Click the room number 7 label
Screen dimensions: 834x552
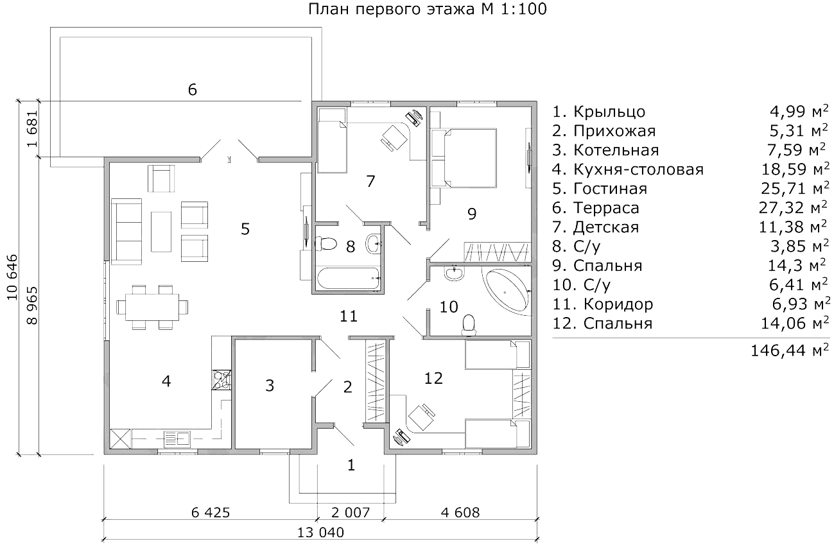click(x=370, y=182)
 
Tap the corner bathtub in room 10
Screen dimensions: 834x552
click(x=507, y=292)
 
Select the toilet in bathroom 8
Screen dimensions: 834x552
click(x=326, y=244)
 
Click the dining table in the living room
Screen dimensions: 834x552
click(x=152, y=307)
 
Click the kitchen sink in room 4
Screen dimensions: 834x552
click(x=177, y=440)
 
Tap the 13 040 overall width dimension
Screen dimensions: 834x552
click(x=321, y=532)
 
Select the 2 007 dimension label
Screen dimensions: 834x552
click(x=351, y=512)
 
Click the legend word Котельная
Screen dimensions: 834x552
click(x=616, y=150)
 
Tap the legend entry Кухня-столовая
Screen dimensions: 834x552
click(x=639, y=169)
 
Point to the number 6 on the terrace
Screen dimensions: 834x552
click(x=192, y=90)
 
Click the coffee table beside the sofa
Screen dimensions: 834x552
click(x=161, y=232)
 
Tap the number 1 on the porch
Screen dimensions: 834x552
click(x=351, y=465)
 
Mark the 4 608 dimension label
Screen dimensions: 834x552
click(x=460, y=512)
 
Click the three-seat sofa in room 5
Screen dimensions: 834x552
click(x=126, y=231)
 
